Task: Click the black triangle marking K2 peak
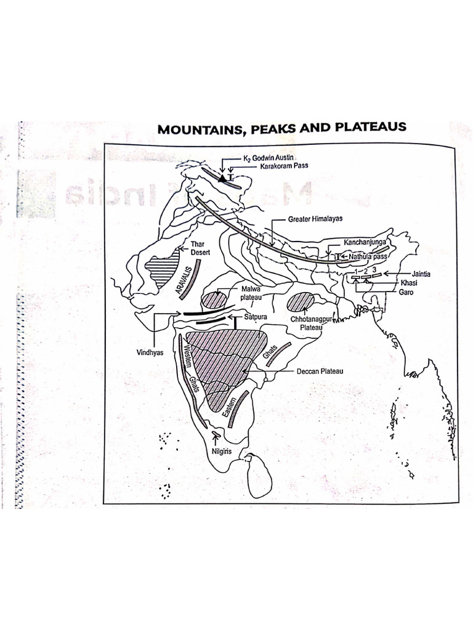pos(222,177)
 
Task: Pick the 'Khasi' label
pos(409,283)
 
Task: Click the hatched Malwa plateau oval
pos(215,301)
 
